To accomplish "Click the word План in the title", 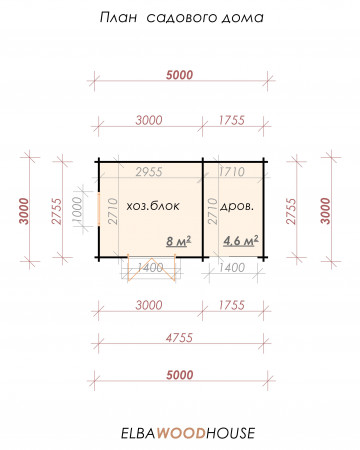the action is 119,17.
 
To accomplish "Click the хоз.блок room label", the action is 153,206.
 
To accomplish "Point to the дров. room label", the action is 237,206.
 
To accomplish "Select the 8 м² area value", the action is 179,241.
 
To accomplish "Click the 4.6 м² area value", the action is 241,240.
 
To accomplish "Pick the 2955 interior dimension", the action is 149,172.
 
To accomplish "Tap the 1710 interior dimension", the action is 232,172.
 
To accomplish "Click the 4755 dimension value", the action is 180,338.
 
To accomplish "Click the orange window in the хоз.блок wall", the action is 99,209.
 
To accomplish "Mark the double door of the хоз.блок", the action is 152,269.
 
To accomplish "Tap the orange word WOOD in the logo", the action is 181,433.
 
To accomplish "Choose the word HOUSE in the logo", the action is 231,433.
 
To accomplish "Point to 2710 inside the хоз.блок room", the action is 113,211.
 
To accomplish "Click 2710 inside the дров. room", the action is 212,211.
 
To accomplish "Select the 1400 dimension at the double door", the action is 151,267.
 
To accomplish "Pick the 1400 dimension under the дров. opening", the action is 232,267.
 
